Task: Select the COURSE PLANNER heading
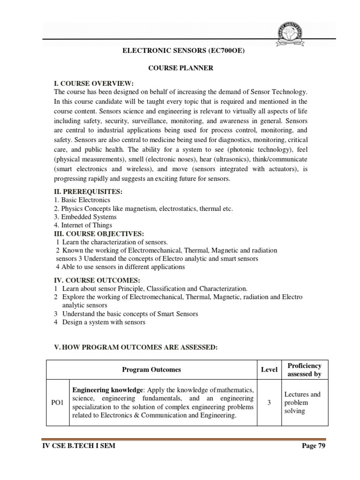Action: tap(180, 68)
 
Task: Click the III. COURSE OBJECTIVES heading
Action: tap(99, 233)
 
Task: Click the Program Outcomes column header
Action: tap(151, 369)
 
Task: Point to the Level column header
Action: tap(269, 369)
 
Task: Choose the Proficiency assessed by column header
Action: tap(304, 369)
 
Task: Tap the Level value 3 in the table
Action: tap(269, 403)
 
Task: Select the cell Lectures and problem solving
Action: tap(302, 403)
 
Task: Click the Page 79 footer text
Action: tap(313, 446)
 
